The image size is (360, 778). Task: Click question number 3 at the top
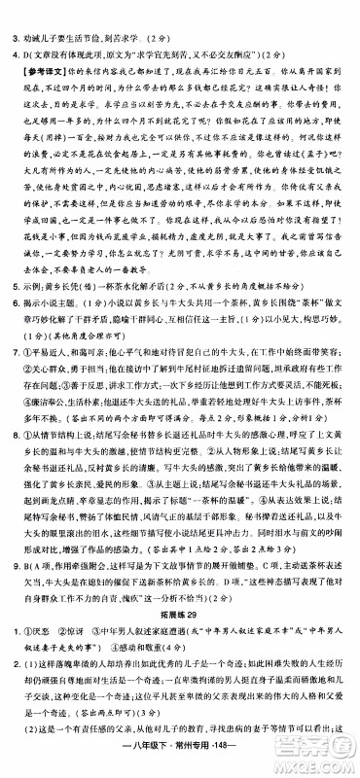pyautogui.click(x=13, y=13)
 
